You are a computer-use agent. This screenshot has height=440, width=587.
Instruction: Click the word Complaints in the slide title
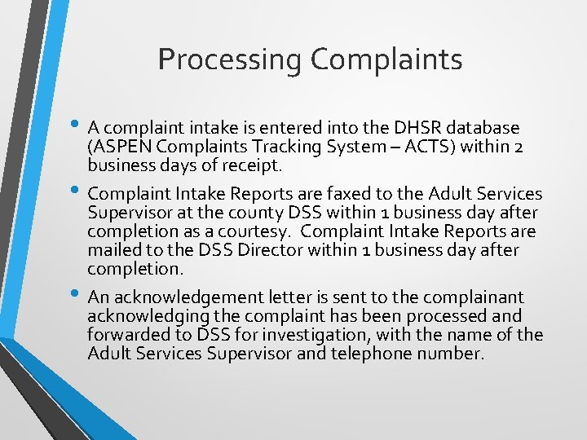pyautogui.click(x=387, y=60)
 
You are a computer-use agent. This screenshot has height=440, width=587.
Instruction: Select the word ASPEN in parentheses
pyautogui.click(x=116, y=147)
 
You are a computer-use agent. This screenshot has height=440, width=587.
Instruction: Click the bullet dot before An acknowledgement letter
pyautogui.click(x=77, y=294)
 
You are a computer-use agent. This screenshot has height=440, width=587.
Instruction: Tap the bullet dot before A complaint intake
pyautogui.click(x=77, y=125)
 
